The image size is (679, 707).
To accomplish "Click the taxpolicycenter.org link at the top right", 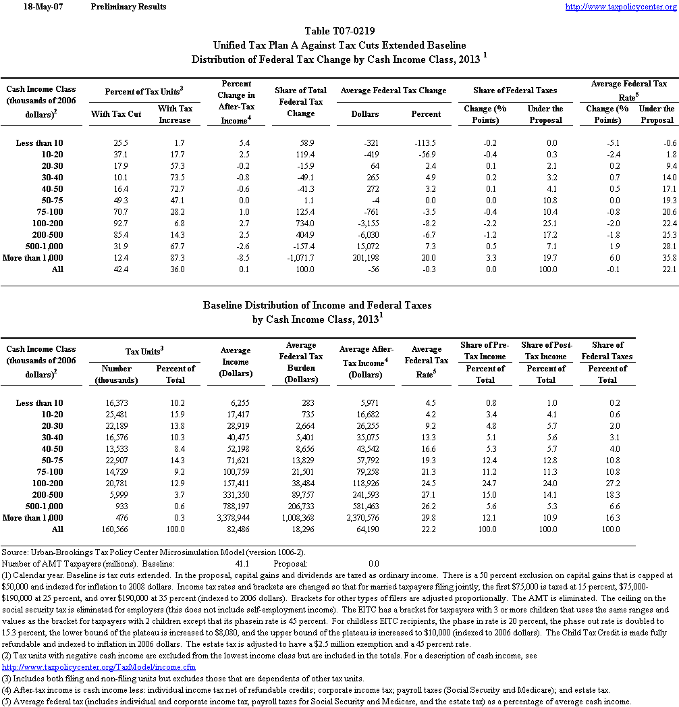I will (620, 7).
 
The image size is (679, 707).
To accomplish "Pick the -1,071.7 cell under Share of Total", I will (300, 258).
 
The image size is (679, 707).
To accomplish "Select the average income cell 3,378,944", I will (235, 518).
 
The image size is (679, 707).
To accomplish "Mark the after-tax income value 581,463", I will (364, 506).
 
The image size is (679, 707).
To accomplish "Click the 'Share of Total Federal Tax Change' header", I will (300, 102).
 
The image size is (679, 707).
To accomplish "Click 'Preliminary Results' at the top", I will (128, 7).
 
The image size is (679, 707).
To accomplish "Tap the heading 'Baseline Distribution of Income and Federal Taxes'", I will (317, 305).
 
